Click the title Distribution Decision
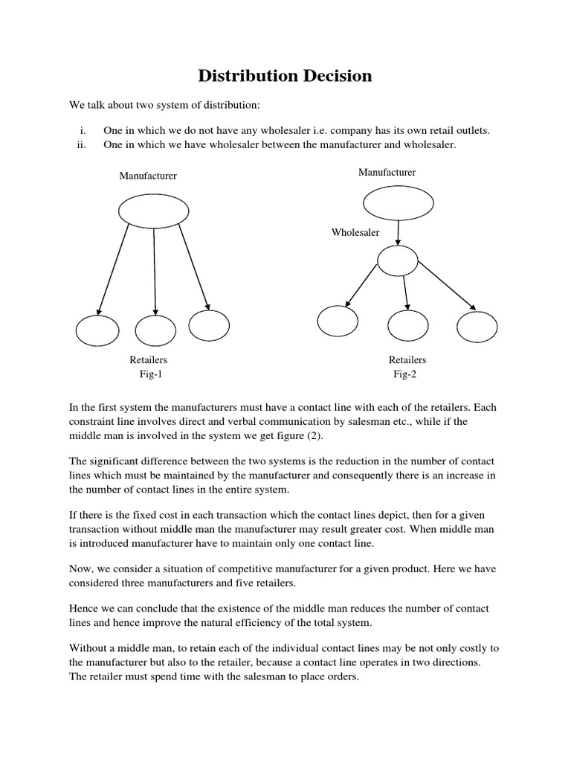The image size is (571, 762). click(285, 76)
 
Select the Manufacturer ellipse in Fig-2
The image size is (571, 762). click(398, 203)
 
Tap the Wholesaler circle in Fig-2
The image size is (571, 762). click(399, 260)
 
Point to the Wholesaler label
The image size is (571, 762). click(355, 233)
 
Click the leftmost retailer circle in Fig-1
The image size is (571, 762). click(97, 331)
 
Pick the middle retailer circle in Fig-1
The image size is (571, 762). click(155, 331)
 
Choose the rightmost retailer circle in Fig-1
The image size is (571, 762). click(209, 324)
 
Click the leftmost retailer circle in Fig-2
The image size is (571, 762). click(338, 321)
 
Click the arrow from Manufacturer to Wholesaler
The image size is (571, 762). click(399, 233)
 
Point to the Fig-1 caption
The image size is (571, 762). click(150, 374)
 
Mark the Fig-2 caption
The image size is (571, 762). click(405, 374)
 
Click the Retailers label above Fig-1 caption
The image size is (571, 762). click(149, 360)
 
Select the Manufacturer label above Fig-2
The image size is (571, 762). click(387, 173)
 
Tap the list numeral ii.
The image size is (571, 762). click(82, 145)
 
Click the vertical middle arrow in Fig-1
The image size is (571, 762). click(155, 272)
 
